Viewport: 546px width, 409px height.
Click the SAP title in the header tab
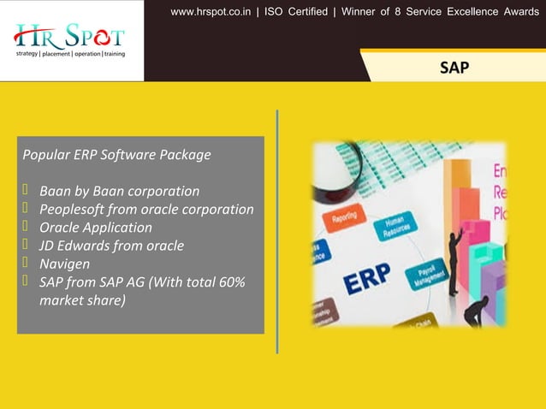point(454,67)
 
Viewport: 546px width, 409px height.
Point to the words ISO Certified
point(299,12)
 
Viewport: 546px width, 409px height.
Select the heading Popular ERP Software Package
point(116,156)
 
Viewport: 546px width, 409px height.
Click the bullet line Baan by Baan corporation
point(119,191)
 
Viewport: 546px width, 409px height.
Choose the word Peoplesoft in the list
point(73,209)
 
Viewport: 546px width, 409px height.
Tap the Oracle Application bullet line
point(95,228)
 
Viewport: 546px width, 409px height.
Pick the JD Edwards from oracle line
point(111,246)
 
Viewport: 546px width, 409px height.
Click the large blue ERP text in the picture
point(366,279)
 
